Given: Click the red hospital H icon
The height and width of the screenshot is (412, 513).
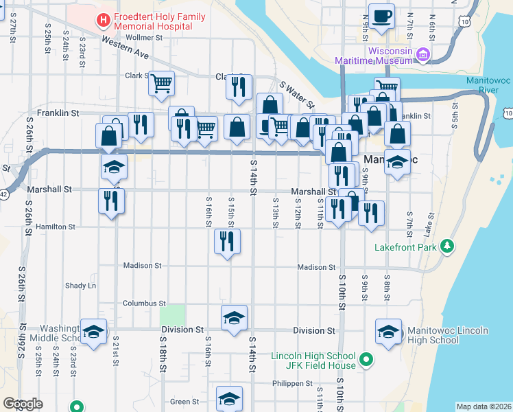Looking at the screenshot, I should pos(104,20).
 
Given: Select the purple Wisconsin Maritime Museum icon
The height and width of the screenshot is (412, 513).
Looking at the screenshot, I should pos(423,55).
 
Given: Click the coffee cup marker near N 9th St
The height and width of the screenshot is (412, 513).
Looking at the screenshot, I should pos(381,16).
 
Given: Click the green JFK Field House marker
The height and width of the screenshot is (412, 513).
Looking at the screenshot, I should pos(367,359).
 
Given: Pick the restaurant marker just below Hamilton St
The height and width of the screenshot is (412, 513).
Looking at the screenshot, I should pos(227,242).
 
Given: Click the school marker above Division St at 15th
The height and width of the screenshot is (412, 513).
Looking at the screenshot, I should pos(234,318).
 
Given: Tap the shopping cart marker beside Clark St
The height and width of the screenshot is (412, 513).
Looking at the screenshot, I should pos(161,84).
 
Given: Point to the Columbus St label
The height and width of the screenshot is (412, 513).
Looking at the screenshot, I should pos(144,303).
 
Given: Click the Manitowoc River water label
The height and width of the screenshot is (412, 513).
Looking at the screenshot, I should pos(488,84).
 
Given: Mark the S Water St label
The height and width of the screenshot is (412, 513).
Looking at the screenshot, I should pos(296,95).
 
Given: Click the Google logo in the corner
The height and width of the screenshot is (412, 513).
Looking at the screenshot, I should pos(23,404).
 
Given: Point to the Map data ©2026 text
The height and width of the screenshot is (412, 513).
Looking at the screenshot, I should pos(483,407).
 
